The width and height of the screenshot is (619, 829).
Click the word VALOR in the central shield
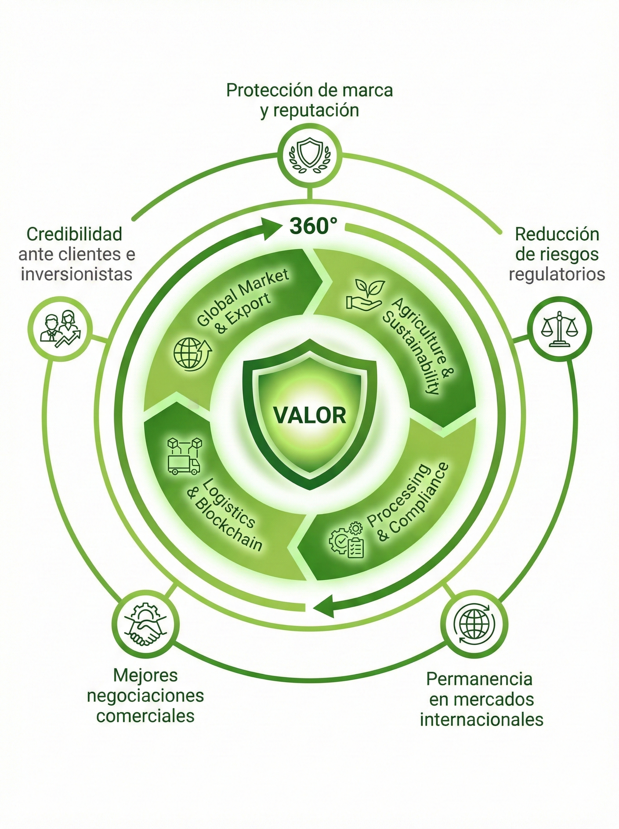point(309,416)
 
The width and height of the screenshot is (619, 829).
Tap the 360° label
point(314,226)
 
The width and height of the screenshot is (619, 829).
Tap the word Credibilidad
point(75,235)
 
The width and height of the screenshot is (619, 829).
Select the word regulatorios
point(557,274)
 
